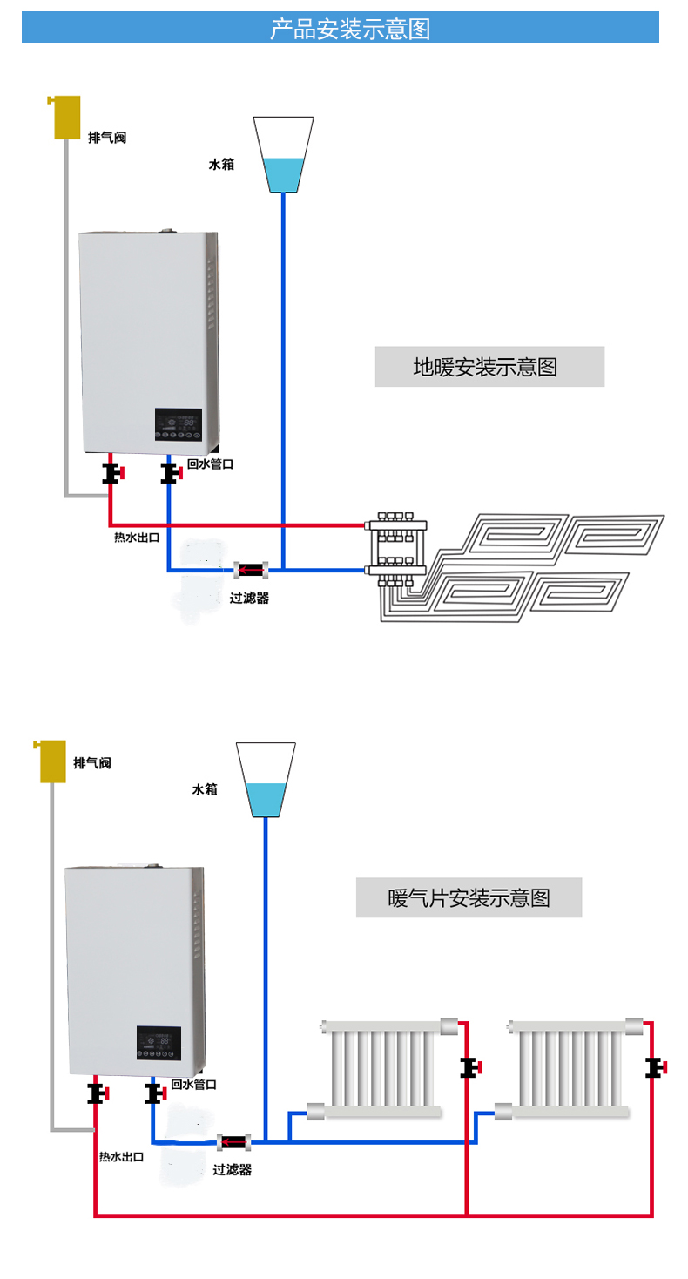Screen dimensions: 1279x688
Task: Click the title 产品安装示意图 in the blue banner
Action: [350, 29]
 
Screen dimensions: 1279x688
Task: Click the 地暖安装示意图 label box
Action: [489, 367]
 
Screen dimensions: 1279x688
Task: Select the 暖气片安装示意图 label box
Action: [469, 897]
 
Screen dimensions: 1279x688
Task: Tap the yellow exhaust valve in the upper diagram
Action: [67, 118]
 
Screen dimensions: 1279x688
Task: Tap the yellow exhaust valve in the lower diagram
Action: [53, 761]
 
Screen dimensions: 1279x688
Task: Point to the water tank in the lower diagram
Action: [266, 780]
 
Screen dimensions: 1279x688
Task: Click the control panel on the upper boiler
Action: [179, 424]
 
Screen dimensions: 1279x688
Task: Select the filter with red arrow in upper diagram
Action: [251, 572]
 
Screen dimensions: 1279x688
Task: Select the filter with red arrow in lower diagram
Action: [233, 1140]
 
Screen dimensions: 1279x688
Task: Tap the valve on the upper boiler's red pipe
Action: [111, 474]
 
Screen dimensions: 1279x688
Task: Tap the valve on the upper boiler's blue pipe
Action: [170, 474]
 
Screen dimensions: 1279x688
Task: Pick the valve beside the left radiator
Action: [470, 1067]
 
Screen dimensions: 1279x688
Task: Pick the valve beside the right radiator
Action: [653, 1066]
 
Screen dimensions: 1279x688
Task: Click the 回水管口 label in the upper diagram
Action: [210, 464]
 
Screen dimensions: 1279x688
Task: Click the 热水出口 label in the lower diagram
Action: [121, 1157]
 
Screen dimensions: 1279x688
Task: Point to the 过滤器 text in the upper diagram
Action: [249, 599]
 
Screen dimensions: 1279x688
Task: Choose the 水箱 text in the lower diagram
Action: [205, 789]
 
